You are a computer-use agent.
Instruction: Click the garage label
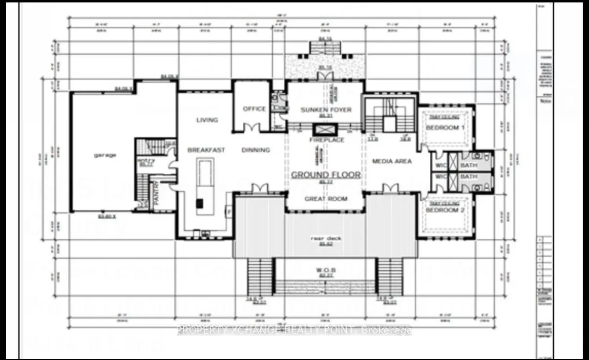tap(105, 155)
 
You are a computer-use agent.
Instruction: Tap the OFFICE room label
tap(254, 109)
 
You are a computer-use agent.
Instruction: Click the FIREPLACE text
tap(327, 140)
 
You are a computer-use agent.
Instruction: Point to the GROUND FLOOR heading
tap(326, 174)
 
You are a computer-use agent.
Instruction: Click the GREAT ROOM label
tap(326, 199)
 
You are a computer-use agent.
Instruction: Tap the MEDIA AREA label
tap(392, 161)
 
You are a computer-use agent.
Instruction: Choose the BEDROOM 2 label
tap(442, 210)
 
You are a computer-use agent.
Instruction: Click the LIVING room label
tap(207, 120)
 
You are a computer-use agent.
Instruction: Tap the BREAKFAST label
tap(206, 150)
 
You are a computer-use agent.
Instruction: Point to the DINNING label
tap(255, 150)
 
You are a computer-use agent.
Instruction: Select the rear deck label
tap(326, 238)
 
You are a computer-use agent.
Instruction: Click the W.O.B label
tap(325, 270)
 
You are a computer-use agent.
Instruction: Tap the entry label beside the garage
tap(147, 161)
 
